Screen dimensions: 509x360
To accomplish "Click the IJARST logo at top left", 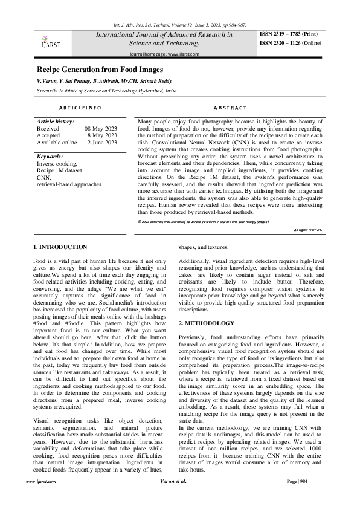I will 51,39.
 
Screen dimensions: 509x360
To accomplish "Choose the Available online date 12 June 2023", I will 101,142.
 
